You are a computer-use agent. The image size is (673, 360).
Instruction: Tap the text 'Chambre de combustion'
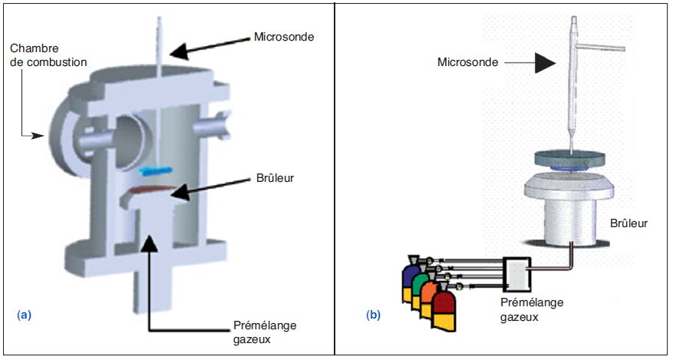[48, 54]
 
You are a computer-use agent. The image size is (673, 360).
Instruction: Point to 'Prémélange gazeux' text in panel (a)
[266, 331]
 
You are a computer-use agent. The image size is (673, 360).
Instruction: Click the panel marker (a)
[24, 314]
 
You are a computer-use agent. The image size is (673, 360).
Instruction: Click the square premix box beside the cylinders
[517, 273]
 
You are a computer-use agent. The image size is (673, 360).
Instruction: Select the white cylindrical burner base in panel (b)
[572, 221]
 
